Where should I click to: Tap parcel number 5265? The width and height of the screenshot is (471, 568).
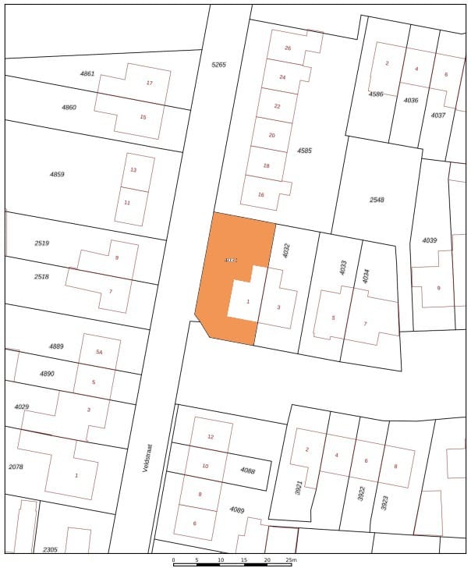coord(218,65)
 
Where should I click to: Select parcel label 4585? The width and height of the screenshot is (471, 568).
coord(304,150)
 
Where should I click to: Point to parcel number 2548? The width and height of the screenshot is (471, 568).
coord(377,200)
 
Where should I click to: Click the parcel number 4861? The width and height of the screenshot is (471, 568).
coord(87,73)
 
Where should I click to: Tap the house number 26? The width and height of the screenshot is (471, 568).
coord(288,48)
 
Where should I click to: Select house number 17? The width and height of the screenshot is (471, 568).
coord(149,83)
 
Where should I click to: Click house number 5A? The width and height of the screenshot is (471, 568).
coord(99,353)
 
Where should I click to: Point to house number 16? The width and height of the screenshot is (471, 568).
coord(261,194)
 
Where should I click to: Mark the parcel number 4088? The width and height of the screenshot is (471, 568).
coord(248,470)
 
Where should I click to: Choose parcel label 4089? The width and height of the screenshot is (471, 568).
coord(237,509)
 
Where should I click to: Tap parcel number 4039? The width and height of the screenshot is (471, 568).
coord(429,240)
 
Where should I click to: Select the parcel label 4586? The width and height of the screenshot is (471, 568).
coord(376,94)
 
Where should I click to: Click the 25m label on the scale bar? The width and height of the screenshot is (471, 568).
coord(290,560)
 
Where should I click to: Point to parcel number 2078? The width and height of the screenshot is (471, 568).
coord(16,466)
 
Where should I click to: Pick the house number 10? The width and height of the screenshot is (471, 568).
coord(205,466)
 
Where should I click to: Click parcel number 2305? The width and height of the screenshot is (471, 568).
coord(50,550)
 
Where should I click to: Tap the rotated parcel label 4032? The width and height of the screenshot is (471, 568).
coord(286,251)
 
